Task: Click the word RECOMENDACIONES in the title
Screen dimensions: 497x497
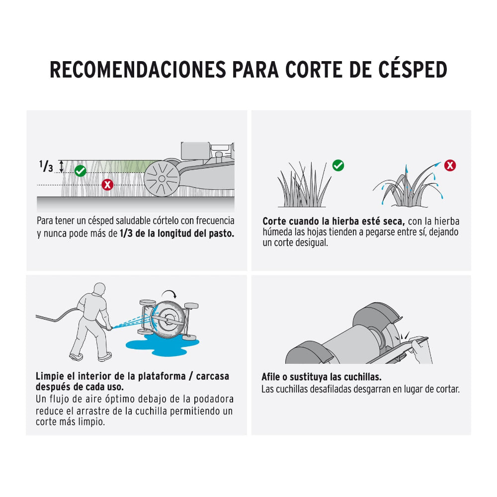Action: point(137,70)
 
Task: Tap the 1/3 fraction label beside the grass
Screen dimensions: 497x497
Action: point(46,166)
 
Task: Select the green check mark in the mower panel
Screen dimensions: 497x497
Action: point(80,171)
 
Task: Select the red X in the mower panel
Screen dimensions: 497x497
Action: point(107,185)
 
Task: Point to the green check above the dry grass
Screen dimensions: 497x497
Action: point(338,166)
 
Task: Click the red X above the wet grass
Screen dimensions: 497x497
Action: point(450,166)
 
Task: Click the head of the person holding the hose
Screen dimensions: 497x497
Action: point(99,289)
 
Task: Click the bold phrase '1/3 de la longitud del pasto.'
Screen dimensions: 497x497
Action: point(177,234)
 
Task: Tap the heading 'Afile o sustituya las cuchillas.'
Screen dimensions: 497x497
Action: point(322,377)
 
